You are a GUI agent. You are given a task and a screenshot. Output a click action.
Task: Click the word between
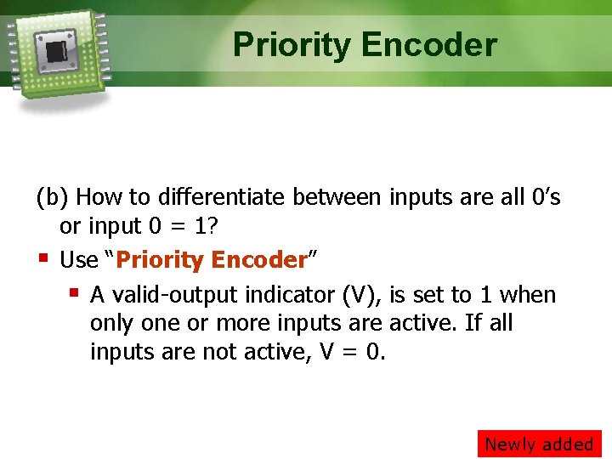(337, 198)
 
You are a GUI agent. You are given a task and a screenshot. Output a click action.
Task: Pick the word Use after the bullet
(79, 260)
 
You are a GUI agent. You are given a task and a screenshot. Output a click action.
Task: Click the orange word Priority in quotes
(160, 260)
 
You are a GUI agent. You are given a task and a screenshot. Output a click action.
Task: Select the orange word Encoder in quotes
(258, 260)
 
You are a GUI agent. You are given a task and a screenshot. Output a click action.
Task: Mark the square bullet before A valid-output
(74, 293)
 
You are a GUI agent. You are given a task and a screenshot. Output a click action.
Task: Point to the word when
(528, 295)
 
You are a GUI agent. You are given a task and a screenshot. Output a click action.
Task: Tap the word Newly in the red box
(511, 444)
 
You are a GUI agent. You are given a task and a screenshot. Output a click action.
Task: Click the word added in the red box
(569, 444)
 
